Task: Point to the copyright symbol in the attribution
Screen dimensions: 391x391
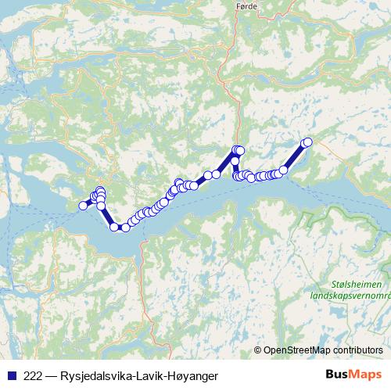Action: click(258, 350)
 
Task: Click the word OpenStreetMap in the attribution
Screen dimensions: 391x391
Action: click(298, 350)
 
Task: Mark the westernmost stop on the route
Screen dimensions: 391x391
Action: click(83, 206)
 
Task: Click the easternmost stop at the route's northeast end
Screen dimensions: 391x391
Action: click(308, 142)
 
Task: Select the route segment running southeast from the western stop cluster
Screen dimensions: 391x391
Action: click(108, 217)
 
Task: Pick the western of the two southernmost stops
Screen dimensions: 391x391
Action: click(115, 227)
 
